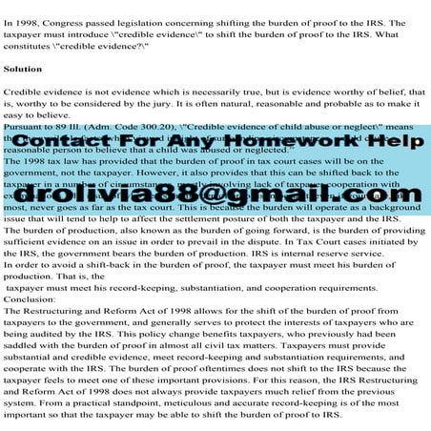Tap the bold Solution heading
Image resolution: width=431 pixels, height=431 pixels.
click(22, 70)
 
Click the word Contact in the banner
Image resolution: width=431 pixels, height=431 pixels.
click(92, 141)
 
